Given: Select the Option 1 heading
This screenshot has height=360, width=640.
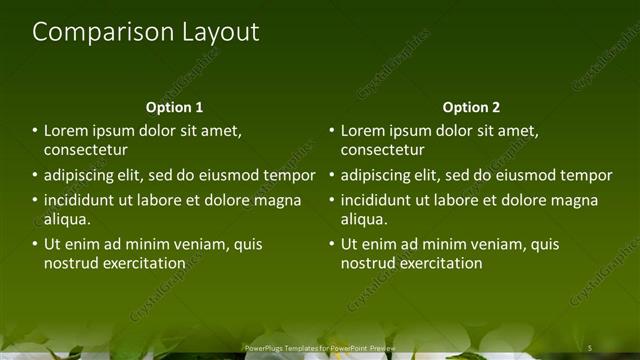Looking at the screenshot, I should coord(174,107).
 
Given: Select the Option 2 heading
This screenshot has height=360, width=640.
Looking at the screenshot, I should coord(471,107).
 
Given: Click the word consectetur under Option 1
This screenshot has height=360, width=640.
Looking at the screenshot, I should coord(86,150).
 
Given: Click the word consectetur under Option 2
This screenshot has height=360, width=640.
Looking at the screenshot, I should coord(382,150).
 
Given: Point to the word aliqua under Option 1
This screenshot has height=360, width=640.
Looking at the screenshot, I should coord(68,219).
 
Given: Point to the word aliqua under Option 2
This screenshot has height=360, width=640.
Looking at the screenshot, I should coord(364,219).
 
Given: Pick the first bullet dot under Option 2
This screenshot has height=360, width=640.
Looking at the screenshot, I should coord(332,131).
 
